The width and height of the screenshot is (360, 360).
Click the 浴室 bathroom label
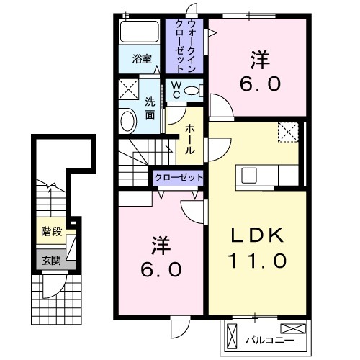coord(142,60)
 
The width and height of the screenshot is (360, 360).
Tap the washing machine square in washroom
coord(129,91)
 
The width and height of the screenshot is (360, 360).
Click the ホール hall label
coord(189,139)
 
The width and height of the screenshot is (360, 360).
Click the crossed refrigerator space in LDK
coord(289,132)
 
